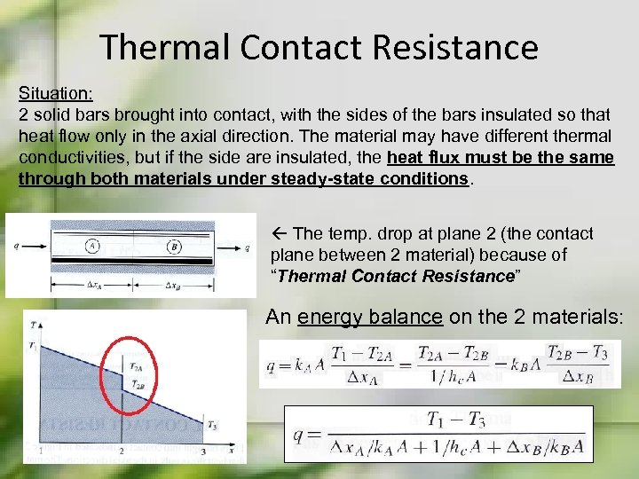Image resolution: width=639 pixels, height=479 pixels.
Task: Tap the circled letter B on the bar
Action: tap(174, 246)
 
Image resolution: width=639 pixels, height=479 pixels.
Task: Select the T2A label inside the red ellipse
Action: tap(135, 365)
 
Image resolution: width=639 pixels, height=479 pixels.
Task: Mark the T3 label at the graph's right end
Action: tap(212, 427)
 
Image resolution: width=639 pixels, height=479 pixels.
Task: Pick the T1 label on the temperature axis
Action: tap(32, 343)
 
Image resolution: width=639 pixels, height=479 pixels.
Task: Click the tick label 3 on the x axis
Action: tap(202, 452)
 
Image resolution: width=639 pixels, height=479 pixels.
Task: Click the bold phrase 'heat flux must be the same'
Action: tap(501, 157)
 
